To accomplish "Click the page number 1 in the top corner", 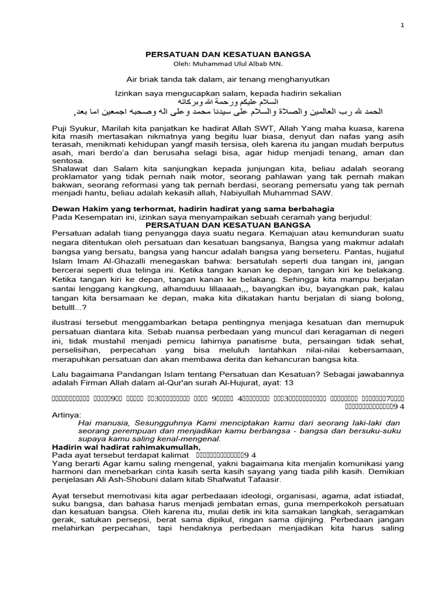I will pyautogui.click(x=402, y=25).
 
